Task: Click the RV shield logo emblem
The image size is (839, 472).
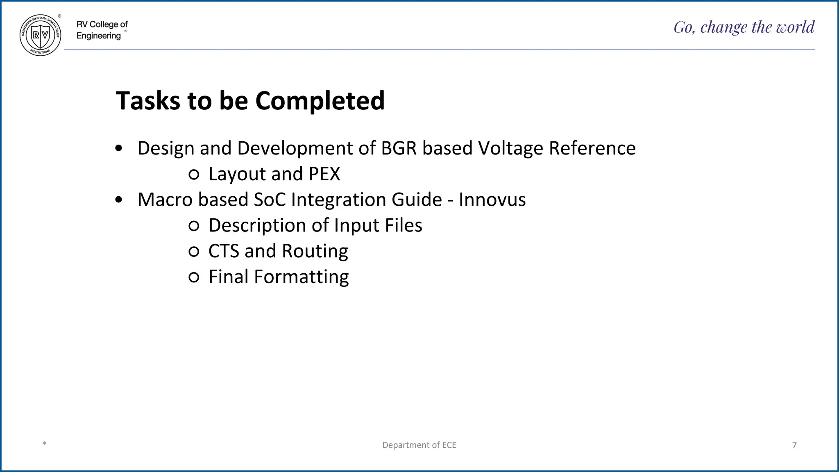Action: pos(41,35)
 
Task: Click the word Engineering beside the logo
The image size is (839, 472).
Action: pos(99,36)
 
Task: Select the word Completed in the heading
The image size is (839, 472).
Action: pos(320,101)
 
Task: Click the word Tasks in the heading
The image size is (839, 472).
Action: pos(148,101)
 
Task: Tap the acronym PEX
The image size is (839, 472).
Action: pos(324,174)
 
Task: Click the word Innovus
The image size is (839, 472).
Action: pos(492,200)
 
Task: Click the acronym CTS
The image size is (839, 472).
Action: pos(224,251)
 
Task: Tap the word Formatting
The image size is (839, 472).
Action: pos(301,277)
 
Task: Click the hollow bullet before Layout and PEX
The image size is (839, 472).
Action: pos(194,175)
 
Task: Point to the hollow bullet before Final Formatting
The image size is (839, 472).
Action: pos(194,278)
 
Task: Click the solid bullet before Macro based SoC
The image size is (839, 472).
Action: pos(119,200)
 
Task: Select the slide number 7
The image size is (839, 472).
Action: pos(794,445)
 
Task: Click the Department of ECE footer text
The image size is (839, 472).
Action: pos(419,445)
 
